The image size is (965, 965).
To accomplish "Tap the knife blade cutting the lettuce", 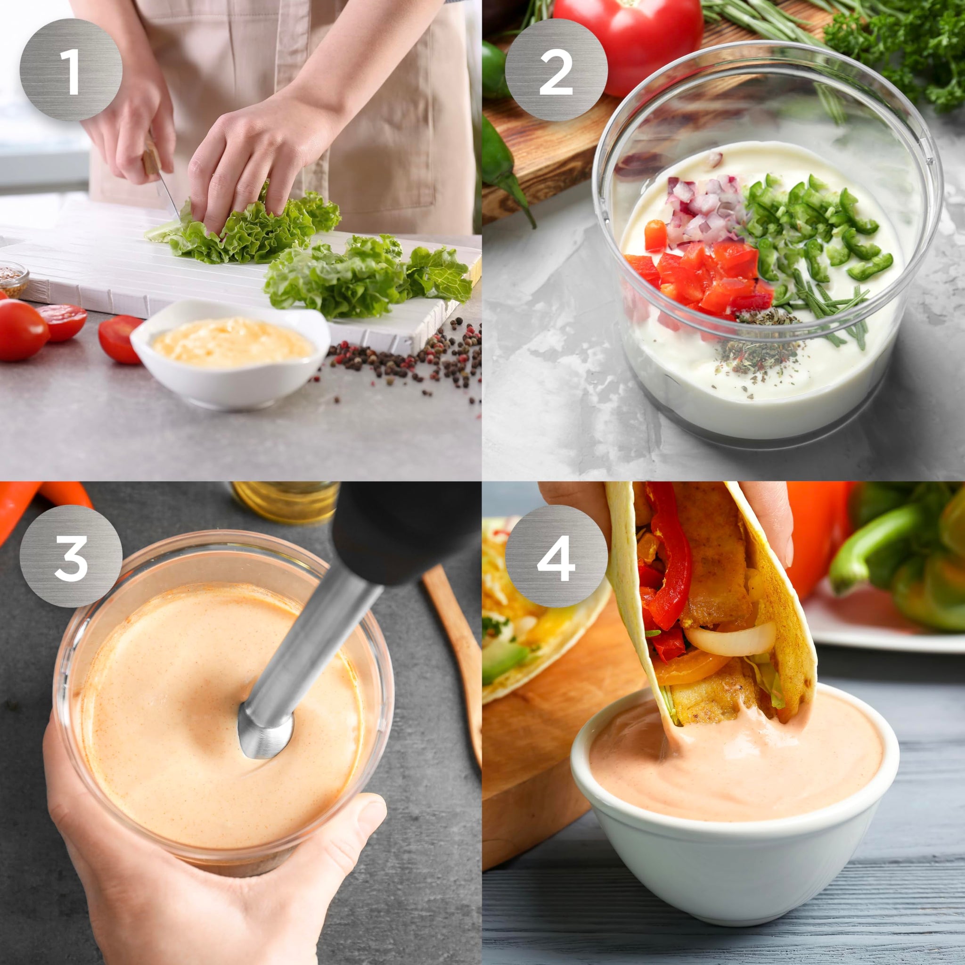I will click(x=168, y=197).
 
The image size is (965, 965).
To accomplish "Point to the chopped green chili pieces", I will click(x=809, y=225).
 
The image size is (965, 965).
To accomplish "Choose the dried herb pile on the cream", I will click(x=759, y=344).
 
